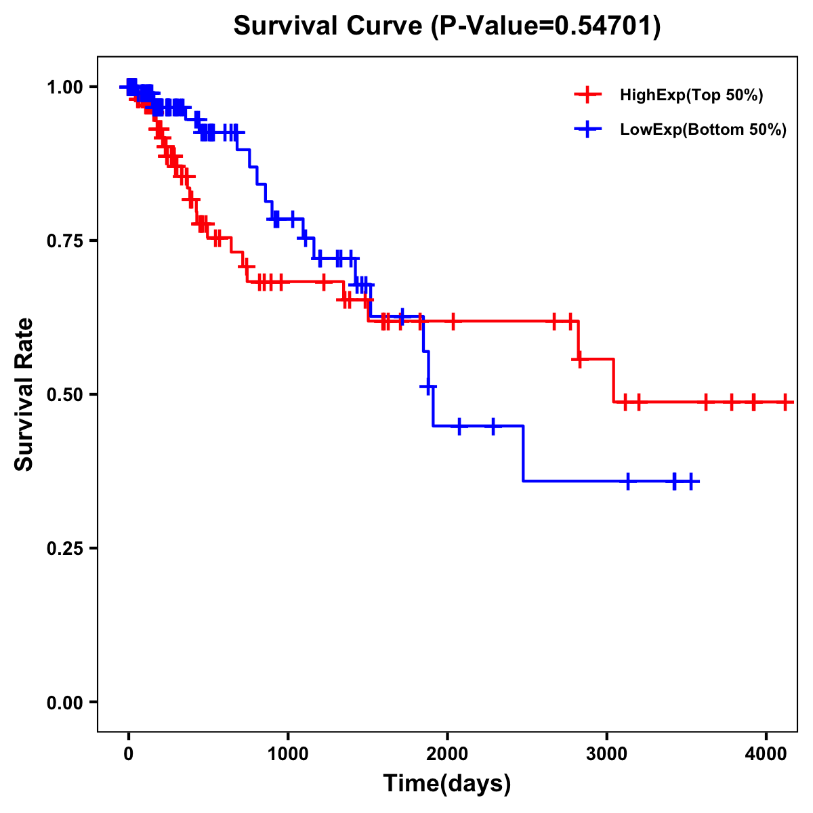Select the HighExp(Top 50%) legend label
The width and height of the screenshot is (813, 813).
tap(692, 96)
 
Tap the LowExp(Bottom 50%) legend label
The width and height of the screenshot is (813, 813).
tap(703, 130)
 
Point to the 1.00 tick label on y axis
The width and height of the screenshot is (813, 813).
tap(64, 87)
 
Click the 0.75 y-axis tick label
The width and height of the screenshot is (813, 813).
tap(64, 241)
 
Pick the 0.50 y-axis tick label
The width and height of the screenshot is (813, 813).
tap(64, 395)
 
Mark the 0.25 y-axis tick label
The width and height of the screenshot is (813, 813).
tap(64, 549)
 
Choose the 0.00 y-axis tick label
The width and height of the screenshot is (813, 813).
tap(64, 703)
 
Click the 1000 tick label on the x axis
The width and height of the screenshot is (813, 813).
tap(288, 751)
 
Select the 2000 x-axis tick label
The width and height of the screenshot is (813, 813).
tap(447, 751)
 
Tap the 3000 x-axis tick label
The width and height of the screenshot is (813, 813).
tap(606, 751)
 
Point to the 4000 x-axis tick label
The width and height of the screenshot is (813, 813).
tap(766, 751)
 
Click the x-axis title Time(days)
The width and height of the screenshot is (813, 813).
tap(447, 784)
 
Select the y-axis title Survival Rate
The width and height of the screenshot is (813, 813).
tap(24, 394)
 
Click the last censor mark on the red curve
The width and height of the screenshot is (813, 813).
tap(785, 402)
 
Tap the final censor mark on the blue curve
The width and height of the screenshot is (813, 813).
tap(690, 481)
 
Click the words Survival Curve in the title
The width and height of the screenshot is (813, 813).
tap(329, 26)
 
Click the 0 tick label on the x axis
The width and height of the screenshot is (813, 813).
tap(129, 751)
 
